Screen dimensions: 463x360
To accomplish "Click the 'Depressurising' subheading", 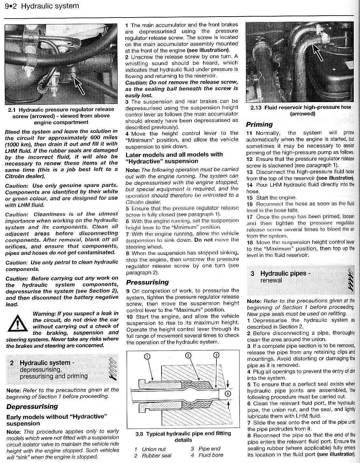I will pyautogui.click(x=32, y=406).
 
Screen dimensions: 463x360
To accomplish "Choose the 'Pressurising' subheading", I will pyautogui.click(x=147, y=282).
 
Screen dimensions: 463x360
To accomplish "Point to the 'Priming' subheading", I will pyautogui.click(x=259, y=124).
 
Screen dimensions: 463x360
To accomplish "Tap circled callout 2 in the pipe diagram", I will pyautogui.click(x=188, y=355).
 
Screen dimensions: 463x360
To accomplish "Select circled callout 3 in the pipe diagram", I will pyautogui.click(x=217, y=355).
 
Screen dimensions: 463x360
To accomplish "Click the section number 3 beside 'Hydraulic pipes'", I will pyautogui.click(x=252, y=273).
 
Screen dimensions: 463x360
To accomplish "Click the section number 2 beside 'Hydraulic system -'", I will pyautogui.click(x=12, y=363).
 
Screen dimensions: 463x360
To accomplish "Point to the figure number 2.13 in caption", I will pyautogui.click(x=256, y=107).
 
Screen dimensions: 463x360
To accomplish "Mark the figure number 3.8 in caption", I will pyautogui.click(x=140, y=433).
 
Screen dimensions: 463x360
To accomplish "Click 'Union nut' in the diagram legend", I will pyautogui.click(x=154, y=449).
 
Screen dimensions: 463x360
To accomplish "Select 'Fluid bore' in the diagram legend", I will pyautogui.click(x=211, y=455).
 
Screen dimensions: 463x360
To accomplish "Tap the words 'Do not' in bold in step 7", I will pyautogui.click(x=203, y=240).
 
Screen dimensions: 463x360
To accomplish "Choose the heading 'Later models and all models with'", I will pyautogui.click(x=174, y=154).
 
